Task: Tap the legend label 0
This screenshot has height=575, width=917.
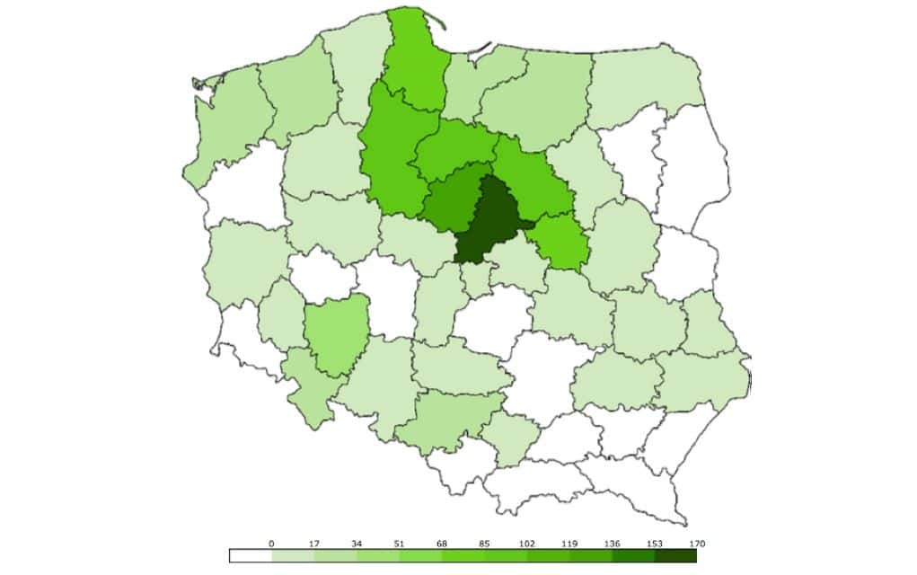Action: click(271, 543)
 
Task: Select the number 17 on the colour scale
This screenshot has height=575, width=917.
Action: click(314, 543)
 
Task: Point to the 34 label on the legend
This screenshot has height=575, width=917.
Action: click(357, 543)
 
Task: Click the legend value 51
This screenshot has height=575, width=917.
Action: click(399, 543)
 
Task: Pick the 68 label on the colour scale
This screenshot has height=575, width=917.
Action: click(442, 543)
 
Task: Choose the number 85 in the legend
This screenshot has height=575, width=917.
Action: click(484, 543)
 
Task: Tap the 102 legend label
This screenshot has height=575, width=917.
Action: click(526, 543)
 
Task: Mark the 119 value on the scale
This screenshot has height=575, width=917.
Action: click(569, 543)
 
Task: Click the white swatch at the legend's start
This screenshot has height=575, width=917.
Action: click(251, 556)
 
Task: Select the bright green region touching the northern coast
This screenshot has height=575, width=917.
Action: click(416, 63)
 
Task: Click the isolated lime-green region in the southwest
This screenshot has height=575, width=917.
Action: click(336, 337)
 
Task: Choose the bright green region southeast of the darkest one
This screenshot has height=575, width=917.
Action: click(561, 243)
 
